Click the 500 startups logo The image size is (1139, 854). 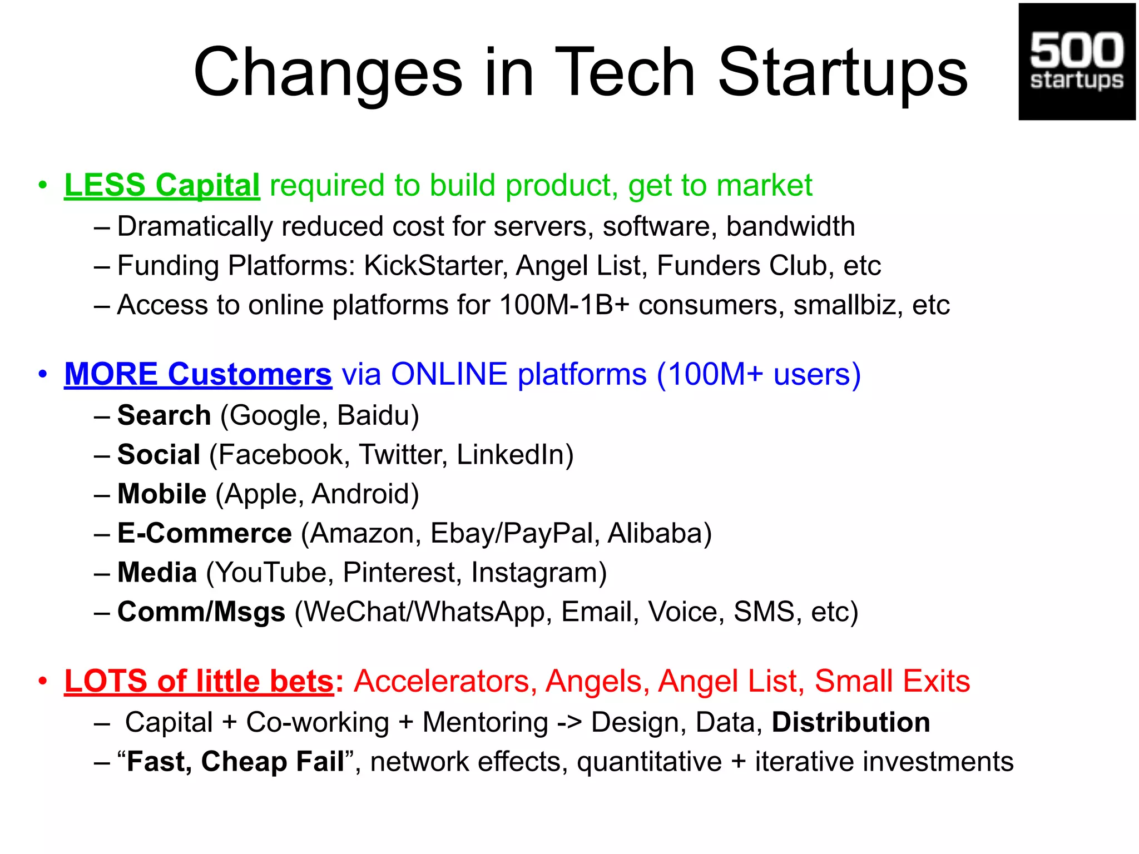pos(1076,61)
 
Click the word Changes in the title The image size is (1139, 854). pos(328,73)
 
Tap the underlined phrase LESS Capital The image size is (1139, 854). pos(162,185)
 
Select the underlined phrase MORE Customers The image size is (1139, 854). pos(198,374)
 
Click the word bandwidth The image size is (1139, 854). pos(790,227)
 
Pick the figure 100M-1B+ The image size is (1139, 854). pos(564,305)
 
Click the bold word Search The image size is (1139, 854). pos(164,416)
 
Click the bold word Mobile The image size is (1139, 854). pos(162,494)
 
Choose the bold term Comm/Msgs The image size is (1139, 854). pos(201,612)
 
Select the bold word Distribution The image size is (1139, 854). pos(851,723)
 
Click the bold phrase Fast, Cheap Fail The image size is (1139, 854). pos(235,762)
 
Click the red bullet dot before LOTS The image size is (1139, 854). pos(43,682)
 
